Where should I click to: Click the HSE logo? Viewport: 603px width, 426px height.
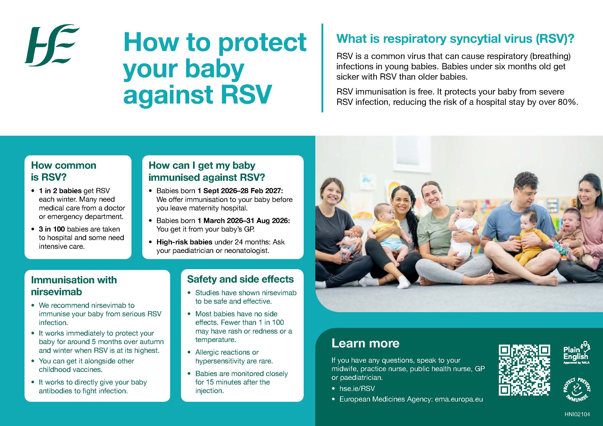click(52, 45)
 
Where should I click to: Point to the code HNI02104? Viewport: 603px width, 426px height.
click(577, 414)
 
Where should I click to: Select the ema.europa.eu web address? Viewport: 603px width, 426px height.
click(459, 399)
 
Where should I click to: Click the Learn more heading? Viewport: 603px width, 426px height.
click(365, 343)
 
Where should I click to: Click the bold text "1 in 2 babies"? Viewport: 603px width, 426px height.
click(60, 191)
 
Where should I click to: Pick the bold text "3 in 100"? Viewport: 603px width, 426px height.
click(52, 229)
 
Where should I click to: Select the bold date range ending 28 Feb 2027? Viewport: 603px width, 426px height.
click(240, 191)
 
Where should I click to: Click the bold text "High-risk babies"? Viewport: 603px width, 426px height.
click(184, 242)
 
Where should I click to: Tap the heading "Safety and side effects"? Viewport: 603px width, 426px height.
click(240, 279)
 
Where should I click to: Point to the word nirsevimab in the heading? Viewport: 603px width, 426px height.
click(56, 292)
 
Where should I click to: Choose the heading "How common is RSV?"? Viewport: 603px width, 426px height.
click(64, 171)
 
